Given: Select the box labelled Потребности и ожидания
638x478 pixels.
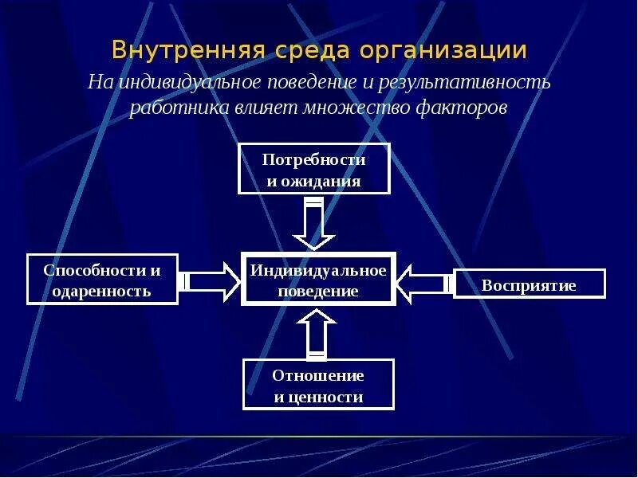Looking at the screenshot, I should (314, 169).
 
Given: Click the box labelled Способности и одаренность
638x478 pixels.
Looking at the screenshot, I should (102, 280).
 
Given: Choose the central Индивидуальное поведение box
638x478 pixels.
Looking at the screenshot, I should (318, 280).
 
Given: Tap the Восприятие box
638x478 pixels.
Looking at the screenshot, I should (529, 284).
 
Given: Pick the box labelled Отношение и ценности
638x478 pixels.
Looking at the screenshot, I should (318, 385).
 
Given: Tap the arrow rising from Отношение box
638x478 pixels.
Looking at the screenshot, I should (317, 333).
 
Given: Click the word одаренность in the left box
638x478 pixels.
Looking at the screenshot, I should (101, 291).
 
